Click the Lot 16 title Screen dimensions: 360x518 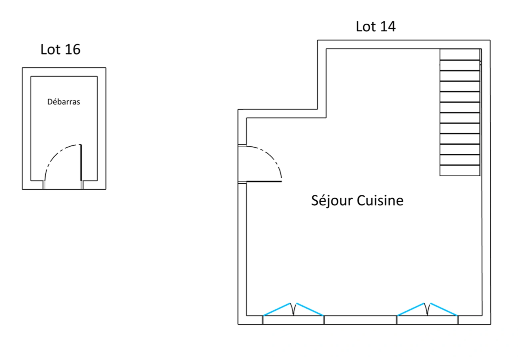coord(60,49)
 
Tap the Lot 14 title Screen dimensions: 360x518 coord(375,27)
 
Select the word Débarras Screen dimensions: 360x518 coord(64,102)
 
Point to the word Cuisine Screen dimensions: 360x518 coord(380,201)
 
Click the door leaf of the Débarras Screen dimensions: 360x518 coord(81,163)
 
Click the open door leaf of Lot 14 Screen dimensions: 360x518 coord(264,181)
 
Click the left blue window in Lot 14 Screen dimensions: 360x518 coord(293,309)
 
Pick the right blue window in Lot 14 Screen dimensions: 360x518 coord(427,309)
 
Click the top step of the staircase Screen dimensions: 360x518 coord(460,55)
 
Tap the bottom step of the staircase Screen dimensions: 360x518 coord(460,170)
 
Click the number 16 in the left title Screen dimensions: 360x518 coord(72,49)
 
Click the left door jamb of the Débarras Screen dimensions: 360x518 coord(44,185)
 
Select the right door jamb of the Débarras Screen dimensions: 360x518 coord(82,185)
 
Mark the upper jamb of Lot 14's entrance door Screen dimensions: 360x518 coord(242,145)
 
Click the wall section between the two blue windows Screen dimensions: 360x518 coord(360,320)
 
